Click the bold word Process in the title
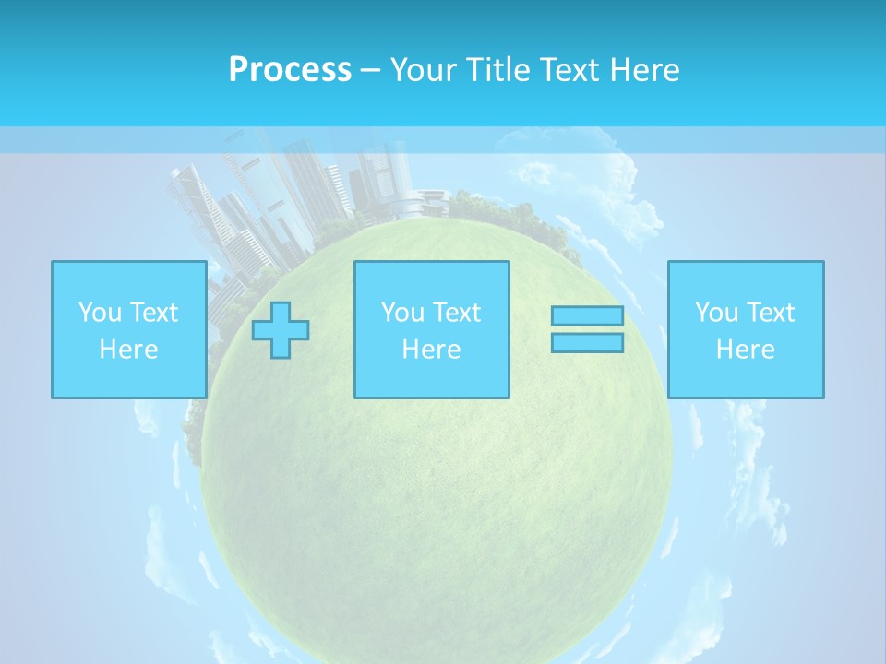[x=290, y=70]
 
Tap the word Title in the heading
[x=497, y=70]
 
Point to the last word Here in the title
[x=644, y=70]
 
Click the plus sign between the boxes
[x=281, y=330]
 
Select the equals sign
[x=587, y=329]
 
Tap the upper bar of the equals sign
[x=587, y=316]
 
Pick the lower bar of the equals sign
[x=587, y=342]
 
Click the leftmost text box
[x=128, y=329]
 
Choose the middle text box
[x=431, y=329]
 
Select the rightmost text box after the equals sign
[x=746, y=329]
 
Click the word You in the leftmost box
[x=100, y=313]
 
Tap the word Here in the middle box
[x=431, y=350]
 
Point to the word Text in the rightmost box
[x=769, y=313]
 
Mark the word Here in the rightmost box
[x=746, y=350]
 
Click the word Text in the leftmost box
[x=152, y=313]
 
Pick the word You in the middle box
[x=402, y=313]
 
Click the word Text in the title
[x=564, y=70]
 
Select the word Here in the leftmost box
[x=128, y=350]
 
